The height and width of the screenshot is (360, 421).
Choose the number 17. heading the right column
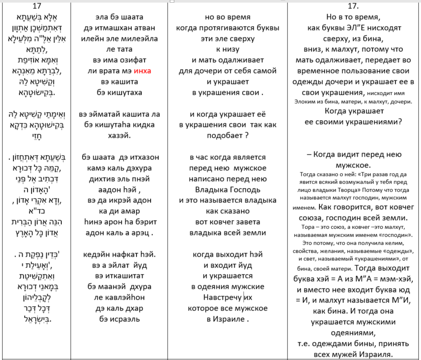click(x=354, y=7)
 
